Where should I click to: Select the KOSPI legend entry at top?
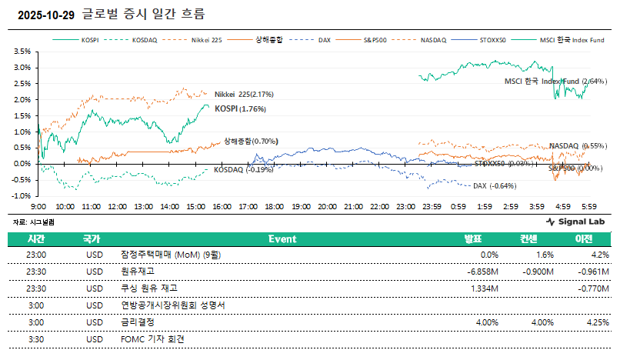click(90, 39)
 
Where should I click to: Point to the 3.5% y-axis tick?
click(21, 52)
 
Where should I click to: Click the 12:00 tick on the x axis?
click(117, 207)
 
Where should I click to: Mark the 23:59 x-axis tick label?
click(432, 207)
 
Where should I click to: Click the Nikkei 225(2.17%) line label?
click(244, 94)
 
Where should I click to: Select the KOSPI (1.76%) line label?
click(240, 109)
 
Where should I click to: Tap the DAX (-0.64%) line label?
click(494, 186)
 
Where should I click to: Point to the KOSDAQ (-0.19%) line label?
click(243, 170)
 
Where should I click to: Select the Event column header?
click(282, 238)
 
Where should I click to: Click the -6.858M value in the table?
click(483, 271)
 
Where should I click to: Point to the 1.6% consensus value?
click(544, 255)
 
